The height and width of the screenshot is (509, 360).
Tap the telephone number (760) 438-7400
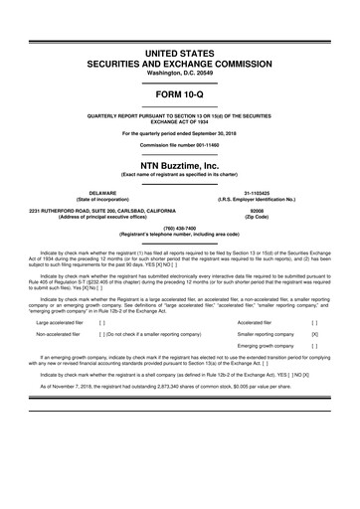coord(180,231)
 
